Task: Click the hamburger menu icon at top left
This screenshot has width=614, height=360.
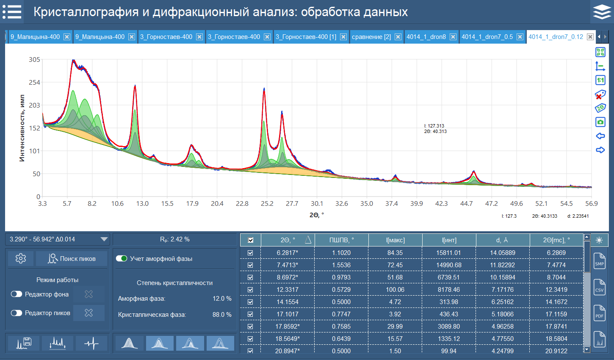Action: pyautogui.click(x=12, y=12)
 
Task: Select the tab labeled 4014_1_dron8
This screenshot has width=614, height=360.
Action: pyautogui.click(x=426, y=37)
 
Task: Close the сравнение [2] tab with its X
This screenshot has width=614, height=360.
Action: pyautogui.click(x=398, y=37)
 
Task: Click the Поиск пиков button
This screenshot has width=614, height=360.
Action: pyautogui.click(x=72, y=258)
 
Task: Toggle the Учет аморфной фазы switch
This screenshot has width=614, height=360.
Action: pyautogui.click(x=122, y=258)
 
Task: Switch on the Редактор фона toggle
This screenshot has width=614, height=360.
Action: pyautogui.click(x=17, y=294)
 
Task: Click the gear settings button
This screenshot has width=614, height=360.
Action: pyautogui.click(x=21, y=258)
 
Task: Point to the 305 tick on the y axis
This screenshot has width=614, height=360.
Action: pyautogui.click(x=34, y=60)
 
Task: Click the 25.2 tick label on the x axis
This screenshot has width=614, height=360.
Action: pyautogui.click(x=267, y=204)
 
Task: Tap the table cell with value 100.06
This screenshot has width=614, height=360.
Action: pyautogui.click(x=395, y=290)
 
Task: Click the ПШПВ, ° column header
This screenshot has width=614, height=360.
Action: pyautogui.click(x=341, y=240)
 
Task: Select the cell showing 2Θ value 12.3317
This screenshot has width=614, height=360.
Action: pyautogui.click(x=288, y=290)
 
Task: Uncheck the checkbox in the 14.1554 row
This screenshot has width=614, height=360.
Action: pyautogui.click(x=250, y=302)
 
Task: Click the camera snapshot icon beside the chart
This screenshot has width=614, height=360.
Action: pyautogui.click(x=600, y=122)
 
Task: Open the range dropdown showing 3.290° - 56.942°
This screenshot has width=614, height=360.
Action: pyautogui.click(x=104, y=239)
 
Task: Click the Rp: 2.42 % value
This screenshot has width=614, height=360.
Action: pyautogui.click(x=174, y=239)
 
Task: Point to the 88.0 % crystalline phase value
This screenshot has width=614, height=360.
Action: pyautogui.click(x=222, y=315)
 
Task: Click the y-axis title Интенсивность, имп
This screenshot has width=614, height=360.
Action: pyautogui.click(x=22, y=128)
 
